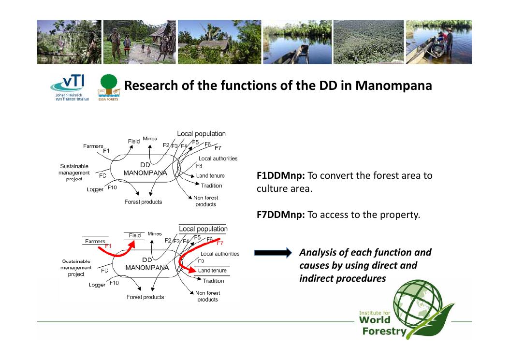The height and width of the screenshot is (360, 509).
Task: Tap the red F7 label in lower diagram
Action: coord(219,243)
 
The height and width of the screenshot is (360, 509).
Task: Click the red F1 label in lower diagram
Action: coord(108,246)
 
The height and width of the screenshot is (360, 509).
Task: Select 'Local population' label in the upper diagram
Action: coord(201,134)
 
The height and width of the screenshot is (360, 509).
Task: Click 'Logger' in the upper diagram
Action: coord(95,189)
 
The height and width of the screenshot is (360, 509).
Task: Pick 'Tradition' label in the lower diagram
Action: coord(214,281)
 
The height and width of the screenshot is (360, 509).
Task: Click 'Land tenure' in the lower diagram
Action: coord(212,271)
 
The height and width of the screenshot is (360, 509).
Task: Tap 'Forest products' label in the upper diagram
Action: coord(144,202)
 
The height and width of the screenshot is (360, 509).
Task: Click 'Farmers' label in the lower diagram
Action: coord(95,241)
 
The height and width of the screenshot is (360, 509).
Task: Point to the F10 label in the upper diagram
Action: coord(112,187)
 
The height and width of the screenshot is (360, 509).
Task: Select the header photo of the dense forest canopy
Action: coord(368,42)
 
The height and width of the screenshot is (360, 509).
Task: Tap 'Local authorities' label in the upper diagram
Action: coord(218,158)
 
